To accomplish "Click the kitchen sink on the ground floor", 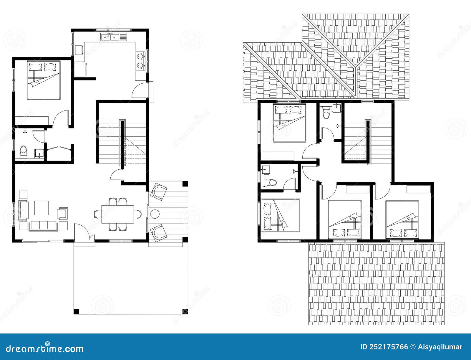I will (x=113, y=37).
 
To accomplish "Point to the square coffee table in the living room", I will (x=42, y=208).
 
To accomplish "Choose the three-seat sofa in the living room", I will (x=44, y=226).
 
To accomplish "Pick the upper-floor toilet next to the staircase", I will (x=326, y=113).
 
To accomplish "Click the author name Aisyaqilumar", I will (x=440, y=347).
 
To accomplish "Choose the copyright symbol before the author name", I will (x=413, y=347).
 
